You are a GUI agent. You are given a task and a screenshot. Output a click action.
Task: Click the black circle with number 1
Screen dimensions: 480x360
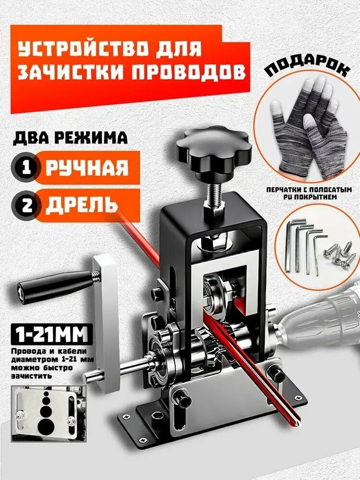[23, 167]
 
